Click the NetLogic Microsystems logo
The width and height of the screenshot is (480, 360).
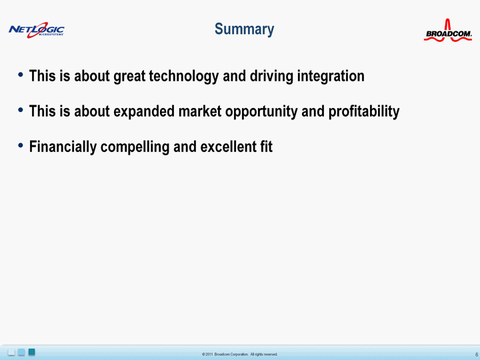[37, 30]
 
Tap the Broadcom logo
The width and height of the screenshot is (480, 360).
[448, 31]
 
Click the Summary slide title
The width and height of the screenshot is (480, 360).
[244, 29]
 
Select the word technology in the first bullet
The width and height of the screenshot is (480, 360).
[184, 76]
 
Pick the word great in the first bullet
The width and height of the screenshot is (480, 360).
[129, 76]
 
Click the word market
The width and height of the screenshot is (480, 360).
[200, 111]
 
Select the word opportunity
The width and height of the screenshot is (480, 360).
[261, 112]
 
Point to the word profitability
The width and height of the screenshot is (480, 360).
[364, 111]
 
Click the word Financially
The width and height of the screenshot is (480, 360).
[63, 147]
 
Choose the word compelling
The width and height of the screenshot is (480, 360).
[135, 147]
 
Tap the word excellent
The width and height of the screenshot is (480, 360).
[229, 147]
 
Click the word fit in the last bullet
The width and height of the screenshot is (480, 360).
[266, 147]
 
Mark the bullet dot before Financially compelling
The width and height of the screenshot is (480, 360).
[21, 145]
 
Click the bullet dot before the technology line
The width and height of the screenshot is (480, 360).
[21, 75]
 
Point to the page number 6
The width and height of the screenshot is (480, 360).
[477, 355]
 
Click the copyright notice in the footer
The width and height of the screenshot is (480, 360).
[240, 354]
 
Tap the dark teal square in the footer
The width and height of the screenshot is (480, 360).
[31, 352]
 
